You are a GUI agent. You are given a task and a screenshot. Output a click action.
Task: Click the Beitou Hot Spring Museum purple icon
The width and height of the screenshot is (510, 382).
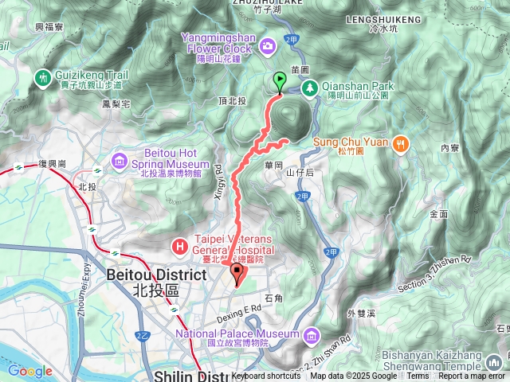pos(120,162)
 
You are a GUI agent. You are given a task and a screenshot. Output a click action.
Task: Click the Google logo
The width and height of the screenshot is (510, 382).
pos(29,371)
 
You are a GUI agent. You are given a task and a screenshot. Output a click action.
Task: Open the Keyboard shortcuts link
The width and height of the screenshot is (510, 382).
pos(266,376)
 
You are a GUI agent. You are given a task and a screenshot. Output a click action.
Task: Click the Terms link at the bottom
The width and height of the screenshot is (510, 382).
pos(417,376)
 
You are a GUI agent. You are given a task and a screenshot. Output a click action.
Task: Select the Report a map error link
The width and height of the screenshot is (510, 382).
pos(472,376)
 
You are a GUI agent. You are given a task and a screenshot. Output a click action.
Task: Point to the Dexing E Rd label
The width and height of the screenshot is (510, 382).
pos(238,308)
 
